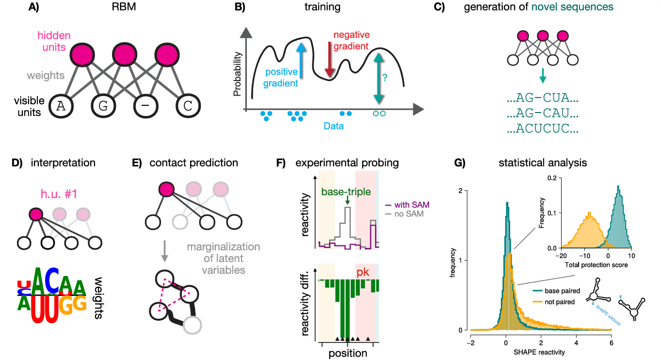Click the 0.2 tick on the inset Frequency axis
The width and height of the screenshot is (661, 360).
click(552, 178)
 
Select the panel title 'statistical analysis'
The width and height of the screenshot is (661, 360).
click(543, 163)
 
